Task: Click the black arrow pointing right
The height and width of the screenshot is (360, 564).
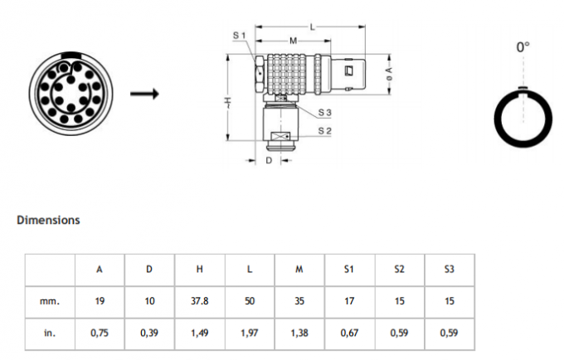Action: (144, 93)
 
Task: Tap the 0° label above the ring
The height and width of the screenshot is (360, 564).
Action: (523, 48)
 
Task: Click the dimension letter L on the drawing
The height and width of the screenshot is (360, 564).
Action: (313, 27)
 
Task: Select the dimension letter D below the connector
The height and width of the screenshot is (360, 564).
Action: (269, 160)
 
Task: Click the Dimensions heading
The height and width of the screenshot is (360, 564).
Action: (48, 221)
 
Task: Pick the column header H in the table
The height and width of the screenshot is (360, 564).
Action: (200, 269)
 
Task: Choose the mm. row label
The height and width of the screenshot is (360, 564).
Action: (50, 301)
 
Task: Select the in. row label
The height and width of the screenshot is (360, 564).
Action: (50, 333)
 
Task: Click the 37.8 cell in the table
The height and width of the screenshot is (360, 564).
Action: (200, 301)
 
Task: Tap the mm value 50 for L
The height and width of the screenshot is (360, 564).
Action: (250, 301)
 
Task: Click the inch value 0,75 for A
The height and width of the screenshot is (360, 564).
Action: (100, 333)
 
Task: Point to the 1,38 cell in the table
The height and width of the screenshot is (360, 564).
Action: (299, 333)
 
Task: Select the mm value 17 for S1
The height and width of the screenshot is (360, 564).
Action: (349, 301)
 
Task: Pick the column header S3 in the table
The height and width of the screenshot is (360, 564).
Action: (449, 269)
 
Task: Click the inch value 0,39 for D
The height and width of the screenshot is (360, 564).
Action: (149, 333)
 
